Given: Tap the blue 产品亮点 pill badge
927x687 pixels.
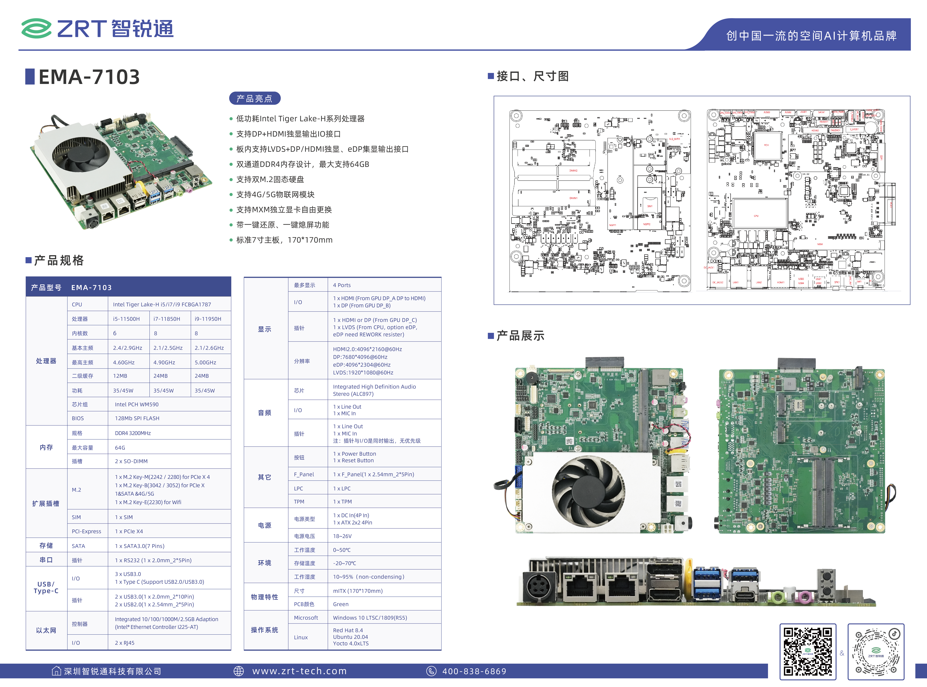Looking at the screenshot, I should pos(254,99).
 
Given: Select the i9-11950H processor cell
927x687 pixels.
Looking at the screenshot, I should pos(208,319).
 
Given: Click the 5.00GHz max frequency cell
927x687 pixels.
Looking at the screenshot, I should pos(205,362).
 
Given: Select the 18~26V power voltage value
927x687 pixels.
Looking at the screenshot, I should pos(342,536).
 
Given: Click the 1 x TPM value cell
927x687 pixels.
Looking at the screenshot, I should pos(342,502).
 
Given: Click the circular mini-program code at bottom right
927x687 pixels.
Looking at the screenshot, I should pos(876,652).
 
